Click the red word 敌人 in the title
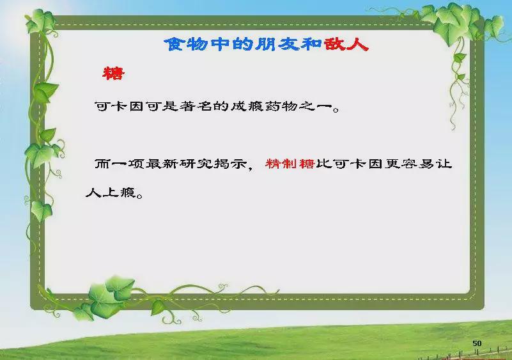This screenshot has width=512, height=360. (346, 44)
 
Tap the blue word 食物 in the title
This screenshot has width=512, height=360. (186, 44)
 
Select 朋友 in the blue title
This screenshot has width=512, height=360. (277, 44)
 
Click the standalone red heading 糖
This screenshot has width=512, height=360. (113, 73)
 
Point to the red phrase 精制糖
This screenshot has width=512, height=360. (290, 163)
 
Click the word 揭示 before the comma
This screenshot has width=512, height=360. (230, 163)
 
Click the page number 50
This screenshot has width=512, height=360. (477, 343)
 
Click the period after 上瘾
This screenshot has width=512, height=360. (139, 196)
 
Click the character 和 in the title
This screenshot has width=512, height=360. (311, 44)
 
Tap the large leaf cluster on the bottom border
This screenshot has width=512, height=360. (108, 297)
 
